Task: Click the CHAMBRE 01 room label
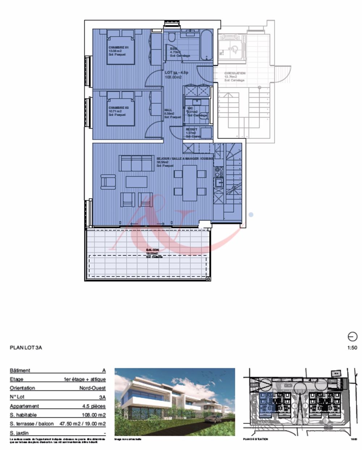tap(119, 47)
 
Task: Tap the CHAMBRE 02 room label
tap(119, 108)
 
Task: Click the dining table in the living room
tap(190, 183)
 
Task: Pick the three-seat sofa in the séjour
tap(136, 163)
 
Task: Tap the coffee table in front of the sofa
tap(136, 182)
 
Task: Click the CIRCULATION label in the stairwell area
tap(235, 74)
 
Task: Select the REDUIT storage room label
tap(191, 129)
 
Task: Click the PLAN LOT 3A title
tap(26, 348)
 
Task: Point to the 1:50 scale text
tap(352, 348)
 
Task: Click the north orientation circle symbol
tap(353, 337)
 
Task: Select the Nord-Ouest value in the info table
tap(93, 388)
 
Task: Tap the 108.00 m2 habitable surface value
tap(93, 415)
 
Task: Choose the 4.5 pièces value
tap(94, 406)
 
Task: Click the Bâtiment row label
tap(20, 371)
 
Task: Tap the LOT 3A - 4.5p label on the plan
tap(177, 72)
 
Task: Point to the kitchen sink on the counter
tap(219, 183)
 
